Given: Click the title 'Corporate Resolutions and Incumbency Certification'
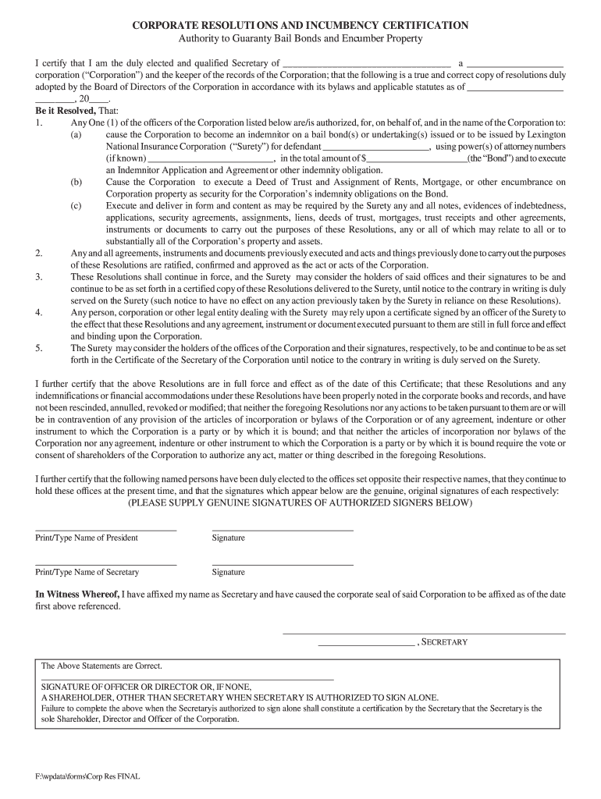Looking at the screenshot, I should coord(300,25).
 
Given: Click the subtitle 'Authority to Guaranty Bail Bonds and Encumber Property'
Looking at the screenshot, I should coord(300,38).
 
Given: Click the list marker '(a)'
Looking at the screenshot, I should coord(76,134).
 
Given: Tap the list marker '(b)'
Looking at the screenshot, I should coord(76,182).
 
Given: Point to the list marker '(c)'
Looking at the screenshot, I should coord(76,205).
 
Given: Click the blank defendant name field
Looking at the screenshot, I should coord(375,146).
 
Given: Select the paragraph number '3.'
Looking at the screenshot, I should coord(39,277).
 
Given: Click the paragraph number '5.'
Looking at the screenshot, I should coord(39,348).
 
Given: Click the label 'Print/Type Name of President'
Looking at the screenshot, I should coord(87,538).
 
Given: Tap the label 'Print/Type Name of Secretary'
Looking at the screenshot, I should coord(87,572).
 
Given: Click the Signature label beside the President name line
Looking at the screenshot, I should coord(228,538).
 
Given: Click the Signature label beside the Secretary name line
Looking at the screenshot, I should coord(228,572).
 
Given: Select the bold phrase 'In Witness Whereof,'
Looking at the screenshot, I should coord(77,595).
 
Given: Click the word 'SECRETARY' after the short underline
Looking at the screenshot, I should coord(445,642).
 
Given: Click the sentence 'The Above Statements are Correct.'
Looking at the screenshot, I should coord(101,666).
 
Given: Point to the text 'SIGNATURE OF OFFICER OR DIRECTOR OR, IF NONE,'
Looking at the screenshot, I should coord(146,687).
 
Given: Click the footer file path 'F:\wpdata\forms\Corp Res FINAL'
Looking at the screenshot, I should coord(87,777).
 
